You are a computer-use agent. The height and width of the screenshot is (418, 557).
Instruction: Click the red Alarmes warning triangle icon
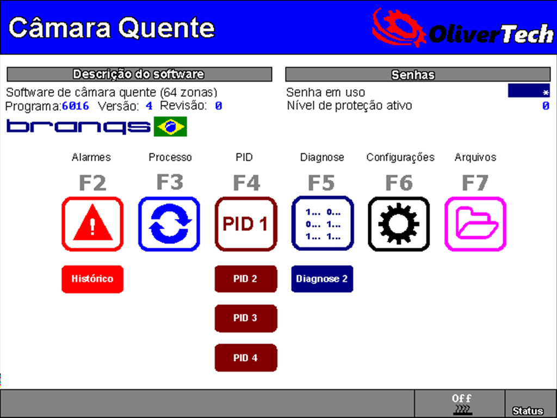point(92,224)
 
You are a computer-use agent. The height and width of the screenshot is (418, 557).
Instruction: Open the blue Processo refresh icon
point(169,224)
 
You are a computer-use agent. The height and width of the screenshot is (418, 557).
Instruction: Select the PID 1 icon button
point(246,224)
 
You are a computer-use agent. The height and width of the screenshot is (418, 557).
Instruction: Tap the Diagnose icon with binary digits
point(323,224)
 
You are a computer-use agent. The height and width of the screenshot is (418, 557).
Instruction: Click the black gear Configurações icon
point(399,224)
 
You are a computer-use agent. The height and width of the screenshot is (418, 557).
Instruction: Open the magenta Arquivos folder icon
point(475,224)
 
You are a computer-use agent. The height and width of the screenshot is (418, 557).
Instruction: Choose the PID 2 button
point(246,279)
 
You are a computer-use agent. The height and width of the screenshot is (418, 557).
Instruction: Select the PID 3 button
point(246,318)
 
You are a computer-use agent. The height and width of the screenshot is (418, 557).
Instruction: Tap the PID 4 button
point(246,358)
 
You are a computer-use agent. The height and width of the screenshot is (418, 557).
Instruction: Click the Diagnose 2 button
point(322,279)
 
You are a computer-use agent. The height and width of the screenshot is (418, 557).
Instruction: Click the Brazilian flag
point(170,127)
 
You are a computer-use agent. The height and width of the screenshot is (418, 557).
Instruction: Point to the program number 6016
point(76,106)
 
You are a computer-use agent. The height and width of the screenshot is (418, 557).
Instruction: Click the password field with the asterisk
point(528,91)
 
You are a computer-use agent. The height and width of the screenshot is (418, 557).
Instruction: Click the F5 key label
point(321,183)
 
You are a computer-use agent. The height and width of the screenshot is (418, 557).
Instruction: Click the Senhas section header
point(418,75)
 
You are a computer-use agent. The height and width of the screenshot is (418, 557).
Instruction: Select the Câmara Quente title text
point(112,28)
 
